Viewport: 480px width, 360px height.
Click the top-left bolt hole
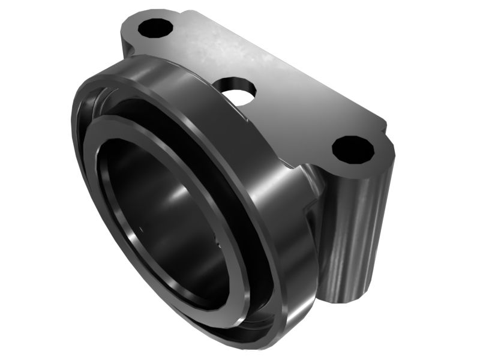pyautogui.click(x=155, y=28)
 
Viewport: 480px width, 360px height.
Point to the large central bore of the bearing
pyautogui.click(x=162, y=204)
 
